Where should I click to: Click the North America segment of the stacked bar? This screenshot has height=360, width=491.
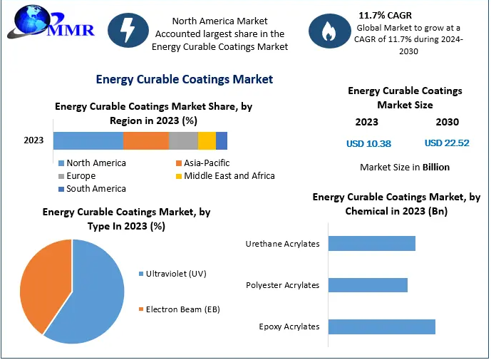coord(88,140)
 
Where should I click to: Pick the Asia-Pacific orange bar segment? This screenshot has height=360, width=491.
coord(146,140)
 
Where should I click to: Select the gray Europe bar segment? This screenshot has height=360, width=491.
coord(183,140)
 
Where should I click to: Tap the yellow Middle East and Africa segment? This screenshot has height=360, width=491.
coord(207,140)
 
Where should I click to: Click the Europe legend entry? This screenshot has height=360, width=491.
coord(81,176)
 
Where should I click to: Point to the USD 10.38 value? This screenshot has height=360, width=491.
coord(368,143)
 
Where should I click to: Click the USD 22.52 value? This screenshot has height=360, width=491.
coord(447,143)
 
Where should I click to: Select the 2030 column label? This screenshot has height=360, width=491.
coord(447,122)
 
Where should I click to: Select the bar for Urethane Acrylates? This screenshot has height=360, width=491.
coord(371,244)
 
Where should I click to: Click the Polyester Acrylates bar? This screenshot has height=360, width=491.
coord(368,285)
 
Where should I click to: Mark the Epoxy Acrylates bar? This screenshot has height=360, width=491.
coord(381,326)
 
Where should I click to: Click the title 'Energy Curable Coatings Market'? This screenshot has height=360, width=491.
coord(184,79)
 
